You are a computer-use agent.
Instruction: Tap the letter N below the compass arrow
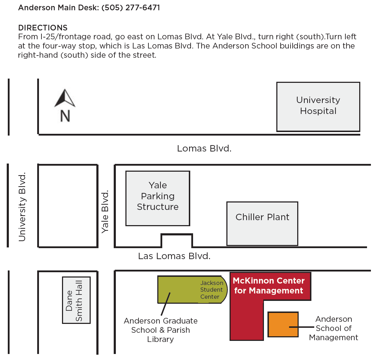(x=65, y=116)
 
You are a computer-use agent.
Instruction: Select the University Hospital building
(x=318, y=107)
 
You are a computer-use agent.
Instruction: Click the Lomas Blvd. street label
(x=204, y=148)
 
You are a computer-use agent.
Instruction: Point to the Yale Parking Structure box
(x=158, y=199)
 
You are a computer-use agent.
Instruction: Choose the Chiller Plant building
(x=262, y=224)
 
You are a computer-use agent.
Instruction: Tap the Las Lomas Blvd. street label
(x=174, y=256)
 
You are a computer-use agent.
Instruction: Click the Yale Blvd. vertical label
(x=105, y=212)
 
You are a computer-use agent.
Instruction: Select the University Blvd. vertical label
(x=22, y=207)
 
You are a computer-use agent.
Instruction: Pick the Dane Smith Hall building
(x=77, y=300)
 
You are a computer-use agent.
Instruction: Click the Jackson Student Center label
(x=211, y=290)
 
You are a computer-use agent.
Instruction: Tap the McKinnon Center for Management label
(x=269, y=286)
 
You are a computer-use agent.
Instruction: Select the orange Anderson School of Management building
(x=283, y=324)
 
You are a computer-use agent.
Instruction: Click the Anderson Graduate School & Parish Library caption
(x=160, y=330)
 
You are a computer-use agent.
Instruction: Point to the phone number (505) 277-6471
(x=131, y=8)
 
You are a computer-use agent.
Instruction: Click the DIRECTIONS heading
(x=43, y=28)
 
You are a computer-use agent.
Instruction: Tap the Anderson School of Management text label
(x=334, y=328)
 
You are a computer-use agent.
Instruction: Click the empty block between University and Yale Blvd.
(x=68, y=206)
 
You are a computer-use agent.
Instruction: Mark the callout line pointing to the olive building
(x=165, y=304)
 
